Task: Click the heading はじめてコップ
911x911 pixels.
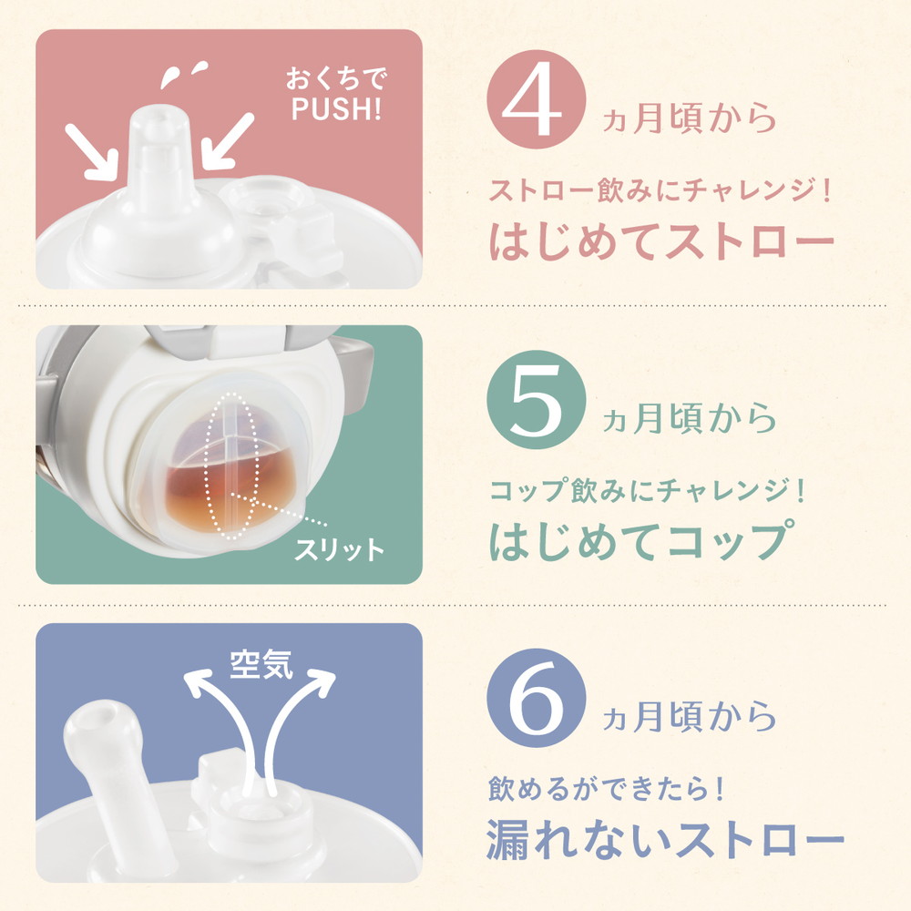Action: (x=638, y=538)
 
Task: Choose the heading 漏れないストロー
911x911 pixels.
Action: (x=662, y=839)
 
